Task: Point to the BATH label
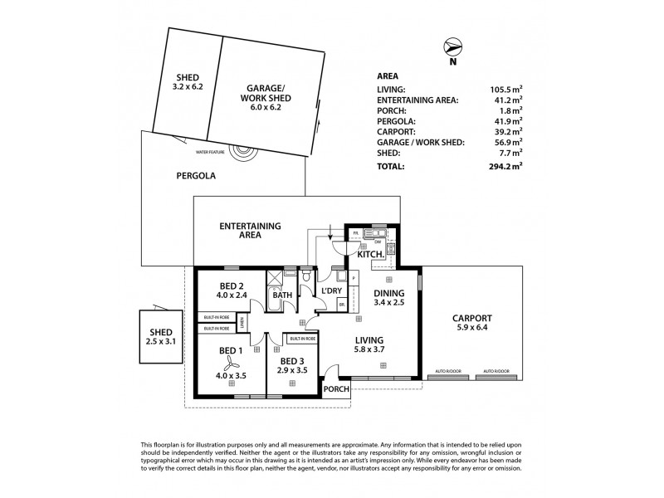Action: (282, 295)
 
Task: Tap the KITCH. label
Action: (370, 254)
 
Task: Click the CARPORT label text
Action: (473, 318)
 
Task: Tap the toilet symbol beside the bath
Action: (306, 275)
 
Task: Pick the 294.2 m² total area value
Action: (505, 166)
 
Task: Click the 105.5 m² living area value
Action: (505, 88)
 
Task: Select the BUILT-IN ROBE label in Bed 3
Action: (301, 339)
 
